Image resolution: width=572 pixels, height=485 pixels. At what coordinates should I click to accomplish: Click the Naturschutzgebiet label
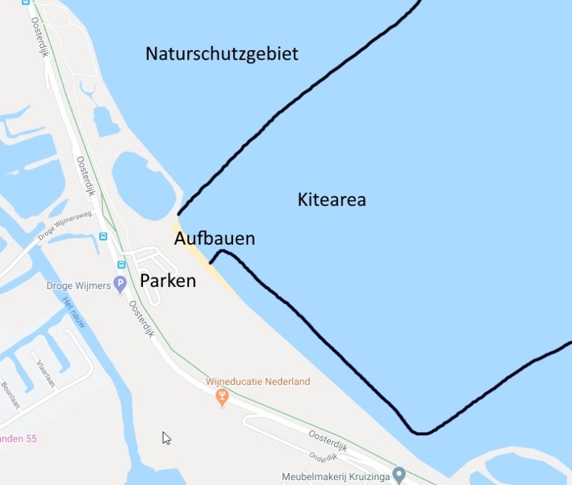tap(222, 54)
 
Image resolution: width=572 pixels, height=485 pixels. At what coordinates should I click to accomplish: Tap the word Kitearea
tap(332, 200)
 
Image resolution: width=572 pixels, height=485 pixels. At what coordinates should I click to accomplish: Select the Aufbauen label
tap(214, 238)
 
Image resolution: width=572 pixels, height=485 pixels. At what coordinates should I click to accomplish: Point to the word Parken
tap(168, 280)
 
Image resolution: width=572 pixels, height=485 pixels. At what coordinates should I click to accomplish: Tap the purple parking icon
tap(121, 284)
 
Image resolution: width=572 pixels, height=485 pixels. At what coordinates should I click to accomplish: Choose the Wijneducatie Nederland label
tap(258, 381)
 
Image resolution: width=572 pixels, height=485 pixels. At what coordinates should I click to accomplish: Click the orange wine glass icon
tap(222, 396)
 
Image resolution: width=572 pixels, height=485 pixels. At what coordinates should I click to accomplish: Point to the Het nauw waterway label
tap(74, 312)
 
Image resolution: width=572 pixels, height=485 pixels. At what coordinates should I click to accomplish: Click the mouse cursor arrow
tap(166, 438)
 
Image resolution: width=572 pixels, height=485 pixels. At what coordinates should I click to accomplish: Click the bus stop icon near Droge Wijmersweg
tap(103, 236)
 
